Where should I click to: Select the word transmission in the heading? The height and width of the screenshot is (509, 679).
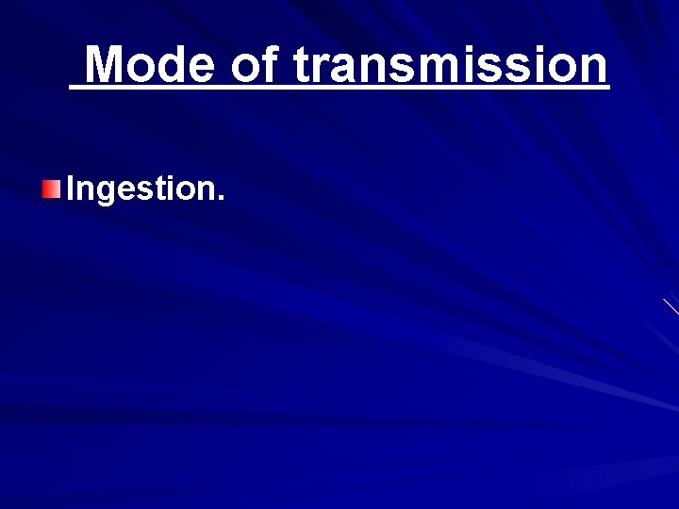pos(451,65)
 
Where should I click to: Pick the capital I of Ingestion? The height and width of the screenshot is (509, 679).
pos(71,189)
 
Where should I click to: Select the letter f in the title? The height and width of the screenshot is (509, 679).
pos(271,64)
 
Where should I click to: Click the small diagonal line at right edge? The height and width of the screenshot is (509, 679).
pos(671,306)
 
